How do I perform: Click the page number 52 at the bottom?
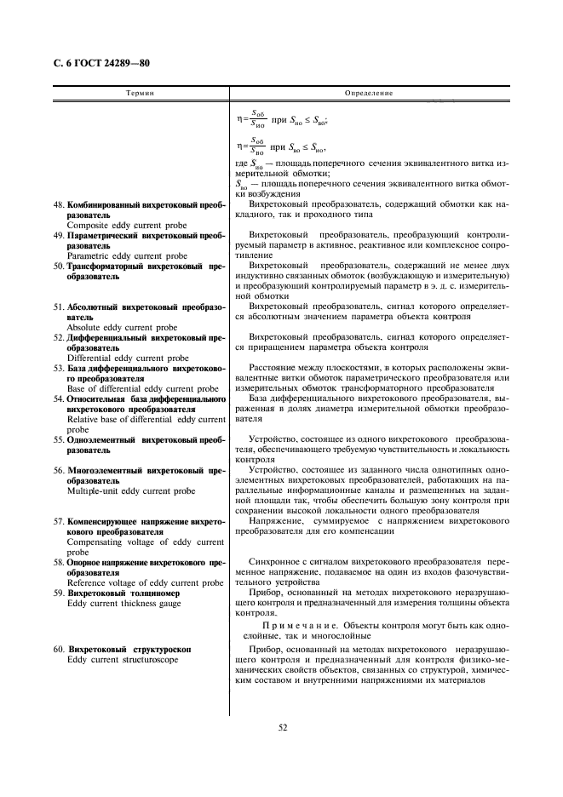point(281,726)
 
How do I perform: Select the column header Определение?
point(368,90)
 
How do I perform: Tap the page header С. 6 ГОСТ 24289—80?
point(97,63)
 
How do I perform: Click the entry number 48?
point(59,205)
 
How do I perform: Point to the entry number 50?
point(59,266)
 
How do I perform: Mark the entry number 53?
point(59,368)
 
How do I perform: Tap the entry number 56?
point(59,470)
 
